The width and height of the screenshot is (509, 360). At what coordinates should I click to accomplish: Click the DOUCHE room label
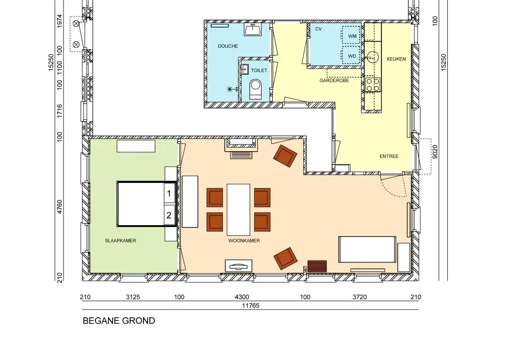pos(228,46)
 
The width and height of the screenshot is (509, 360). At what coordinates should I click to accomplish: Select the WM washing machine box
pos(351,35)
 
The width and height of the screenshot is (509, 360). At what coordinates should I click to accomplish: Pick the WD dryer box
pos(351,55)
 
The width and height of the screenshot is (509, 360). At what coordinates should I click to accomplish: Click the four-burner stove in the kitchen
pos(373,84)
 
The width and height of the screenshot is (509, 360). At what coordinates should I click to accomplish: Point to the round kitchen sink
pos(373,57)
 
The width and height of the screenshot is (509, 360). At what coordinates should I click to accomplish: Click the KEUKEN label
pos(396,59)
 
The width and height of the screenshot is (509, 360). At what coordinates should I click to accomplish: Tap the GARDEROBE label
pos(334,80)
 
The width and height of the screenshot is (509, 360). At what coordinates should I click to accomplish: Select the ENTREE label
pos(389,157)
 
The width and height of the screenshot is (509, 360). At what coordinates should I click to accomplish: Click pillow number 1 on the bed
pos(169,194)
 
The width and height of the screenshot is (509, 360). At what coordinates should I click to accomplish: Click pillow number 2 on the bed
pos(169,215)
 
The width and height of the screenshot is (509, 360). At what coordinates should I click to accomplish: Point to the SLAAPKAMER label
pos(120,241)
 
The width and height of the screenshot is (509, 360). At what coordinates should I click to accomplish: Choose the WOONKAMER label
pos(244,241)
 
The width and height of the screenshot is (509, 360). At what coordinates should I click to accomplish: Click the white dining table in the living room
pos(238,210)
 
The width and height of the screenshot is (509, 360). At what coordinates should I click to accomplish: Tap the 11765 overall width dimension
pos(251,306)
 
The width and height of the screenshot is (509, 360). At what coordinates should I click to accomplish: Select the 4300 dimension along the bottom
pos(242,297)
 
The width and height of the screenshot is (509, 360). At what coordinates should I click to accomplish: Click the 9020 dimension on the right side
pos(435,152)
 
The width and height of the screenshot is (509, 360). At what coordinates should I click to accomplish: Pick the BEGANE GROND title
pos(119,321)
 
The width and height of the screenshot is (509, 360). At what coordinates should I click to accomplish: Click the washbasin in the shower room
pos(252,30)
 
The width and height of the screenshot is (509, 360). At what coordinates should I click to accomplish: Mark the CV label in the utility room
pos(318,29)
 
